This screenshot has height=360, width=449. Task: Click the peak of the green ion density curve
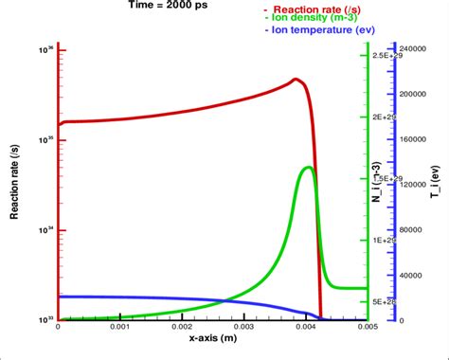(308, 168)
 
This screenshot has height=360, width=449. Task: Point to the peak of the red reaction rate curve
(296, 80)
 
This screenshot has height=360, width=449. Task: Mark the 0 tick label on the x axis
(59, 327)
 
